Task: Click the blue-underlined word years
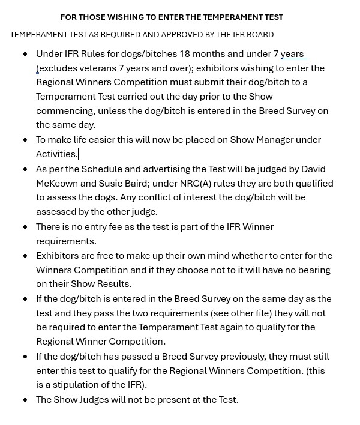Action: point(292,54)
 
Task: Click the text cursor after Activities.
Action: point(78,154)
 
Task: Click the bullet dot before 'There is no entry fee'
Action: point(25,227)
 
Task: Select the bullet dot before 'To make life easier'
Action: point(25,140)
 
